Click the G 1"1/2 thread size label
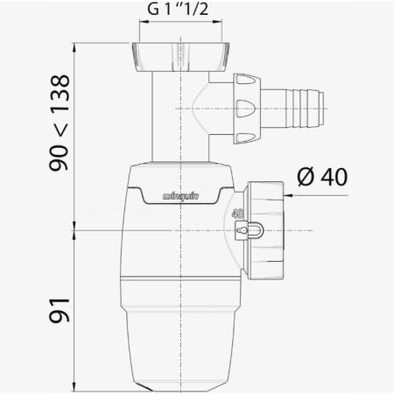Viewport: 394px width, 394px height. point(178,9)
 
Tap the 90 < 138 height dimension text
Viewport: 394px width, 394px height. point(60,123)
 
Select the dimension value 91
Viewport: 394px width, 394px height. point(60,311)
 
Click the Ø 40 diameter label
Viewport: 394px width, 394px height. point(322,177)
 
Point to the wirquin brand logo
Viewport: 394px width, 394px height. point(180,196)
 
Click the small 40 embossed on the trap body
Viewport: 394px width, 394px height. point(237,214)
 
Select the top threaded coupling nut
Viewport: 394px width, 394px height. point(180,57)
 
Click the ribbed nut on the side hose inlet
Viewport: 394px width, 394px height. point(247,109)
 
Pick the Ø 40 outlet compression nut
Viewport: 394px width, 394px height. point(265,230)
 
